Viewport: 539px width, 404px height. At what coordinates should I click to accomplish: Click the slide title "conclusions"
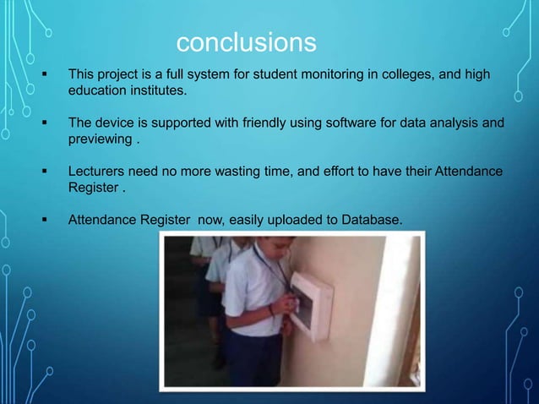pos(246,41)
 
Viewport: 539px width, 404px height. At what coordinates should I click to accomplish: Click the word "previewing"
pos(99,138)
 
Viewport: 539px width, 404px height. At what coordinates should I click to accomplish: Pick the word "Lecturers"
pos(96,172)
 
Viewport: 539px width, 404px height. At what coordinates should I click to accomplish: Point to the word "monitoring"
pos(329,75)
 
